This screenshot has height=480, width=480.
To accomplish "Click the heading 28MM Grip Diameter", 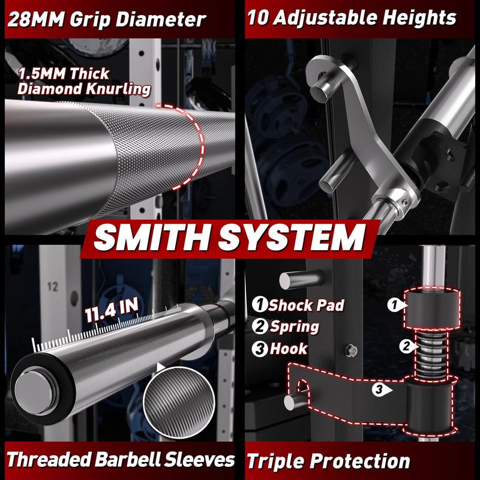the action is pyautogui.click(x=107, y=20).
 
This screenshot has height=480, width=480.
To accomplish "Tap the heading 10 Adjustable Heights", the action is pyautogui.click(x=352, y=19).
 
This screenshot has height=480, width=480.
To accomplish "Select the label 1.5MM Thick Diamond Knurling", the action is pyautogui.click(x=84, y=82).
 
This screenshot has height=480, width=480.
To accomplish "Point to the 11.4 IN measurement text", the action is pyautogui.click(x=112, y=310).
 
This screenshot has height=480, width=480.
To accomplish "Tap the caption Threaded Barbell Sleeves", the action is pyautogui.click(x=121, y=460).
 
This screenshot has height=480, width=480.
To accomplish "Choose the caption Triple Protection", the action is pyautogui.click(x=328, y=461).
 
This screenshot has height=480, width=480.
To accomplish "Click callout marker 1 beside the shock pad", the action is pyautogui.click(x=395, y=305).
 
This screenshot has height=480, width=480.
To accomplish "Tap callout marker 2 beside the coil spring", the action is pyautogui.click(x=407, y=346).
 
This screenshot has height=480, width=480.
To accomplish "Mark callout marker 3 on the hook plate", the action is pyautogui.click(x=380, y=389).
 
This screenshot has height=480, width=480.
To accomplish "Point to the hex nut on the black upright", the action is pyautogui.click(x=351, y=350).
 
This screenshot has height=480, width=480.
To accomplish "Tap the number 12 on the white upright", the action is pyautogui.click(x=53, y=287).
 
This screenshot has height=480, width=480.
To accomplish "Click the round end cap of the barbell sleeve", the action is pyautogui.click(x=34, y=393).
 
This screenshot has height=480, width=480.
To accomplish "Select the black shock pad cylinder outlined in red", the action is pyautogui.click(x=432, y=308).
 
